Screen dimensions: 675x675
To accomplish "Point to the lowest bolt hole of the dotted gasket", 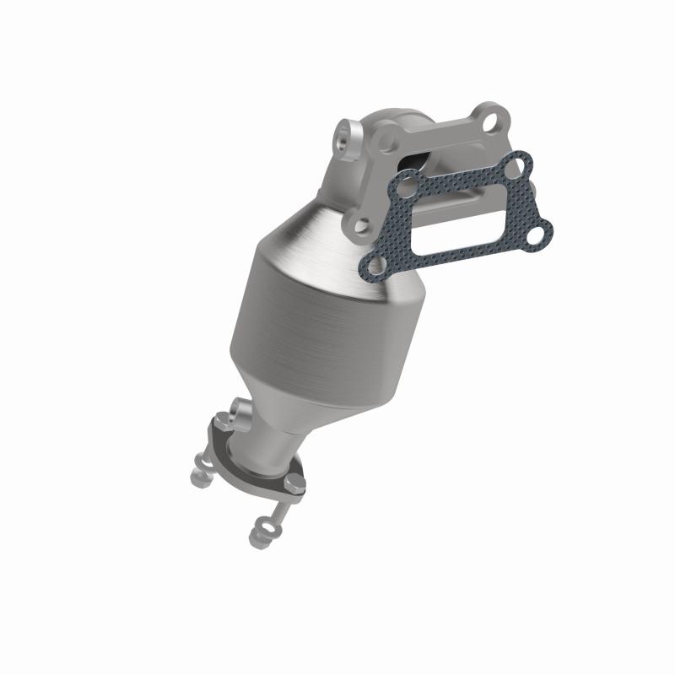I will (x=371, y=267).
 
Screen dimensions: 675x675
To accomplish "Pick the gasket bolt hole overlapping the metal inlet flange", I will (x=407, y=181).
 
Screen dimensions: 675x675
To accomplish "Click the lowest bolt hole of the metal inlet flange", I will (x=362, y=225).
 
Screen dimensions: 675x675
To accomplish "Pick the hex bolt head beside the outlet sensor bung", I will (x=217, y=420).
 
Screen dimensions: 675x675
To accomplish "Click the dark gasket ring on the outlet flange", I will (x=253, y=468).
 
